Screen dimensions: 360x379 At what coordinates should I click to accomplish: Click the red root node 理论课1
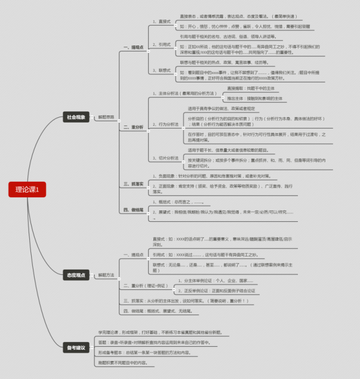pos(26,190)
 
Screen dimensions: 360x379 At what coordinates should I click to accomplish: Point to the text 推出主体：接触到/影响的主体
pos(254,98)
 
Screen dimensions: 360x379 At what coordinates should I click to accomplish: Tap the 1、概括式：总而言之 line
pos(179,203)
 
